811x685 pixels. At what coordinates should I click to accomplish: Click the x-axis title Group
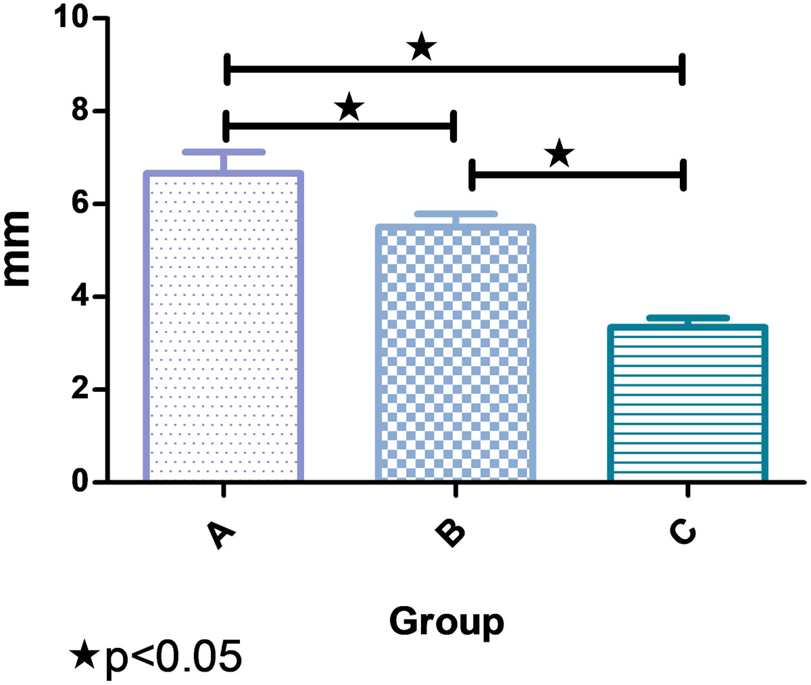446,621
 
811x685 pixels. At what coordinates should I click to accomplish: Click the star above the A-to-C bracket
421,47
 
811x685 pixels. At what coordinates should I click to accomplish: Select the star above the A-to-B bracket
349,107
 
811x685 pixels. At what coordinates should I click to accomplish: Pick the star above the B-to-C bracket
560,154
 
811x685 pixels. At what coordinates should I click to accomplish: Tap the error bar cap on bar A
223,151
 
